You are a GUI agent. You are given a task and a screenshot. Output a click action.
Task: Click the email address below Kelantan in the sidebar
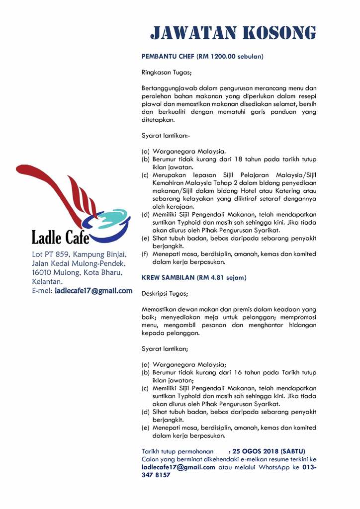93,290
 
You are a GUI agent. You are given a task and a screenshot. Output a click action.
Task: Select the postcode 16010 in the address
43,272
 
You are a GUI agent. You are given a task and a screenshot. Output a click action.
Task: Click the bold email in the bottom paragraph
179,467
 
